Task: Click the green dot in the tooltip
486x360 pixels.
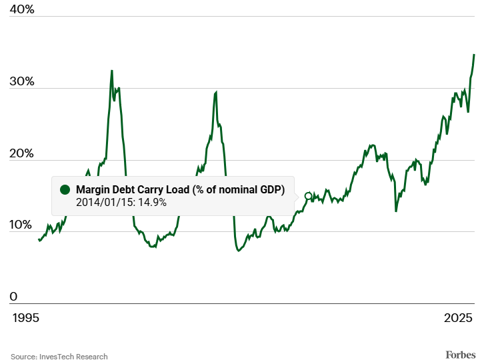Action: point(65,190)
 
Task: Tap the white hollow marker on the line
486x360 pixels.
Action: point(308,196)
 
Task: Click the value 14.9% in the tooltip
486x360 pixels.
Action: point(153,202)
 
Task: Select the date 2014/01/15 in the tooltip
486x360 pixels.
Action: point(105,202)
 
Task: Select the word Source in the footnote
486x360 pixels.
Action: point(23,357)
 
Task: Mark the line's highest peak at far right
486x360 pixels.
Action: point(474,55)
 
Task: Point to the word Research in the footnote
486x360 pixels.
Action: point(92,357)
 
